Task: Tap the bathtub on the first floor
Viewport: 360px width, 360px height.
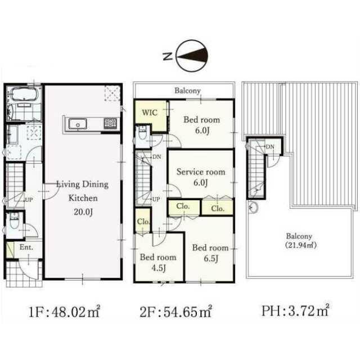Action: point(24,94)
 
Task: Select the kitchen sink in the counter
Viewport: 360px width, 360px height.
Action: point(78,124)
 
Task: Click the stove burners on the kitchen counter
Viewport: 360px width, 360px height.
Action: point(111,124)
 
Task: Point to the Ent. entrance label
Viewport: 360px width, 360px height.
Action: point(26,247)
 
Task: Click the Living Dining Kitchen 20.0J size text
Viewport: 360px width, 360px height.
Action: point(83,212)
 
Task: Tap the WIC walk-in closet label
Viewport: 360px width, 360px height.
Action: point(150,112)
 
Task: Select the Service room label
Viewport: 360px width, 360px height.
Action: point(201,172)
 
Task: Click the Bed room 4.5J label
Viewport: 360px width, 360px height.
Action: point(158,262)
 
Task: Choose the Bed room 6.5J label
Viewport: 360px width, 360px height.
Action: point(210,253)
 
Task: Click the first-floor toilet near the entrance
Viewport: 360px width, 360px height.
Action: point(14,221)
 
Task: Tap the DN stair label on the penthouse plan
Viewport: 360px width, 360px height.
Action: point(270,146)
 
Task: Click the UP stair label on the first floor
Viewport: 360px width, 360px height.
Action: point(29,200)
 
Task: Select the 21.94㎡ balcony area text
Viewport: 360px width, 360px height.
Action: point(301,245)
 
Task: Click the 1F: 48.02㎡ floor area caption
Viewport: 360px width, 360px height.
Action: point(64,312)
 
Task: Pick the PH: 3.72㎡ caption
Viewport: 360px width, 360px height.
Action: point(295,310)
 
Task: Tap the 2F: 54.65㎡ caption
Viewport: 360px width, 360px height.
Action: point(175,312)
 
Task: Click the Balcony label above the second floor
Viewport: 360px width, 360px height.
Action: point(187,91)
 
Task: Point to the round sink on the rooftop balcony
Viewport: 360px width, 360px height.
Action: point(254,208)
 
